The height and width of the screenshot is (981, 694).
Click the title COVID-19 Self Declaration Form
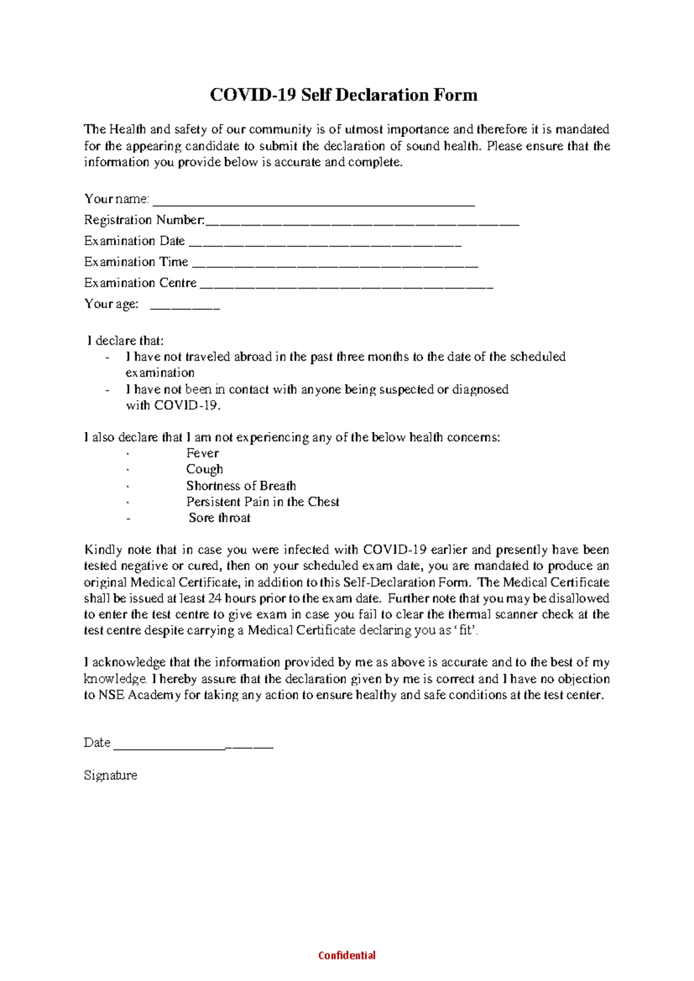click(344, 95)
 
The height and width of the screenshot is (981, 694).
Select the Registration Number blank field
click(362, 224)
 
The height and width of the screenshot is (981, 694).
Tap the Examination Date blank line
click(324, 245)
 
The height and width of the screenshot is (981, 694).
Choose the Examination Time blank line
click(334, 266)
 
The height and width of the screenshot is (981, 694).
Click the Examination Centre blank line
click(346, 287)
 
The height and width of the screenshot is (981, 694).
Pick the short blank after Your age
click(184, 308)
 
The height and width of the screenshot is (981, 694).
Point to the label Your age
click(111, 304)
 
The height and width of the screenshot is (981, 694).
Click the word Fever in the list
click(202, 453)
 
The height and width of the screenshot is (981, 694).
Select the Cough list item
click(204, 469)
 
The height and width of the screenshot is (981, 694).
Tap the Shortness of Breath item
click(241, 486)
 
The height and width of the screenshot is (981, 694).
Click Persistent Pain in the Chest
click(263, 501)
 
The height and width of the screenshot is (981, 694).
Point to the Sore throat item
click(219, 518)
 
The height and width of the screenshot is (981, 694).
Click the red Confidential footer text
click(347, 955)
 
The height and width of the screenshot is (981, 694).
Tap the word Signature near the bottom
click(110, 775)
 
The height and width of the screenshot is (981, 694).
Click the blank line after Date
click(193, 747)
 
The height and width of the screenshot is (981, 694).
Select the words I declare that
click(125, 341)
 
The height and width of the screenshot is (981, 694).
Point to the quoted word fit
click(466, 630)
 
